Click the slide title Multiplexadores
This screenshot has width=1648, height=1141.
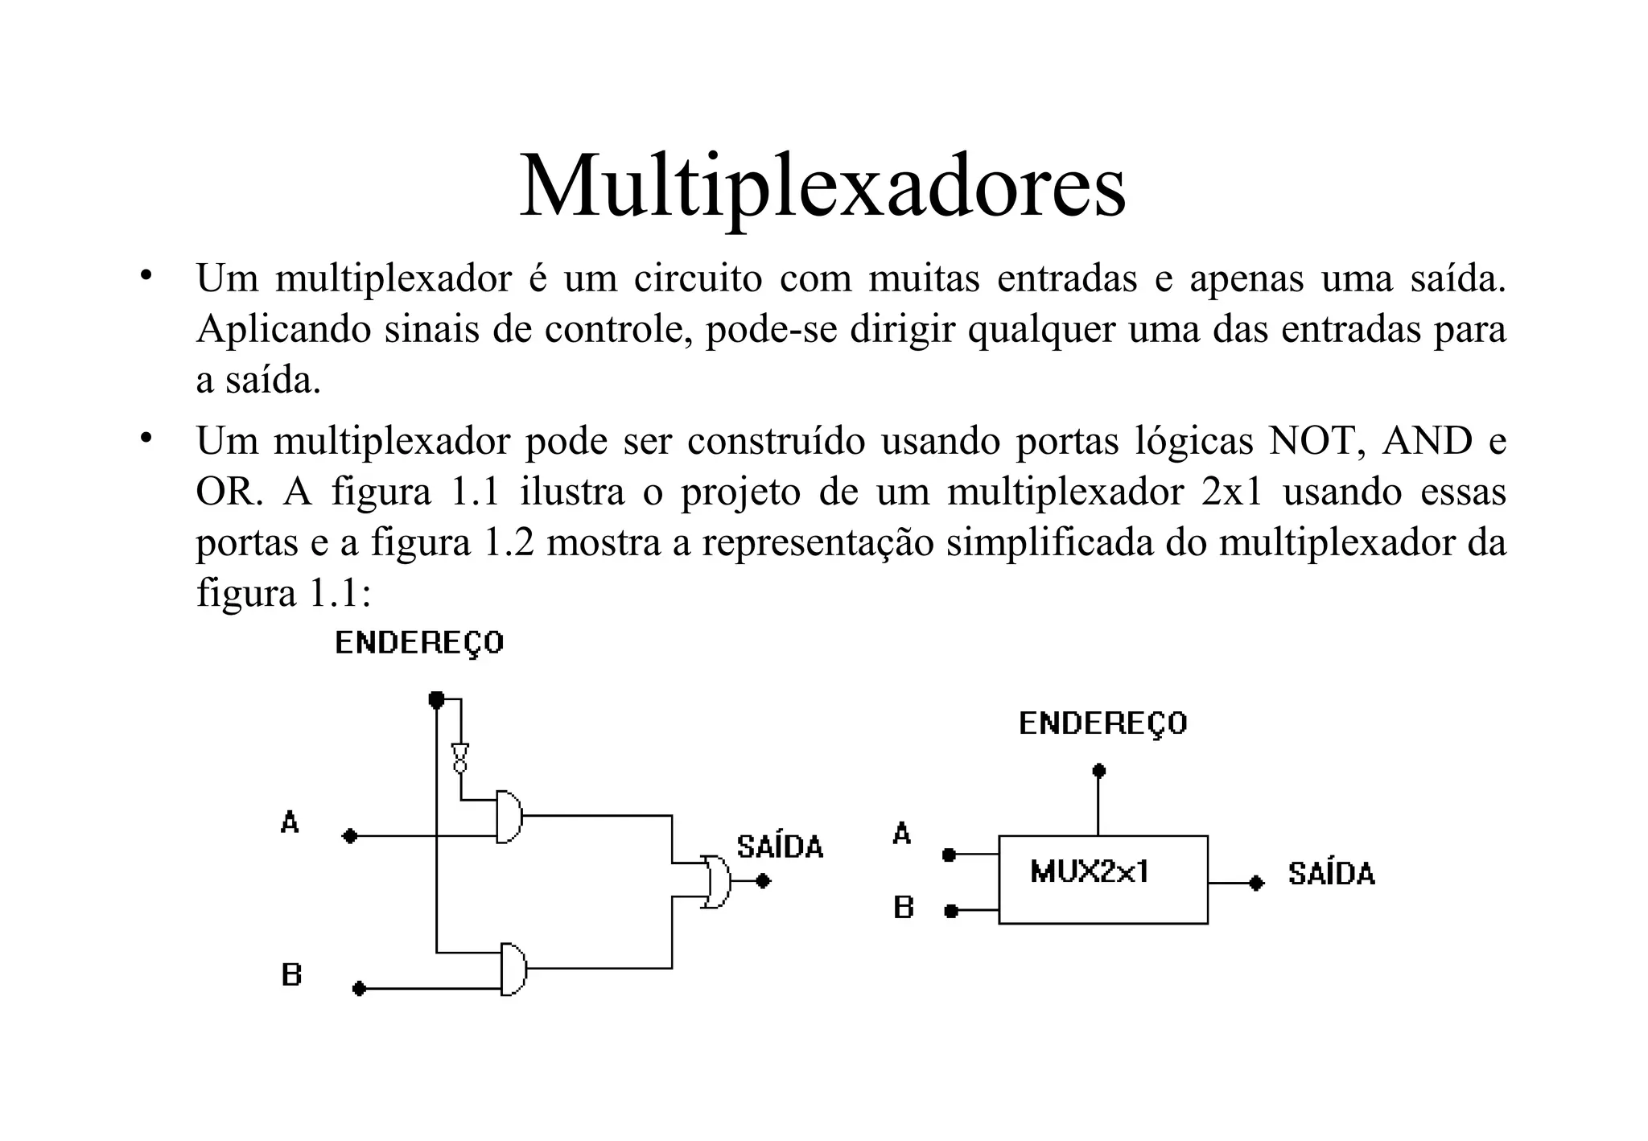pos(822,187)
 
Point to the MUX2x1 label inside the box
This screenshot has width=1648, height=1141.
pos(1090,872)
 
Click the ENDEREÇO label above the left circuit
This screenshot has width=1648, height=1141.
pos(419,644)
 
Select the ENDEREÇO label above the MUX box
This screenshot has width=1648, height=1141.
pos(1102,724)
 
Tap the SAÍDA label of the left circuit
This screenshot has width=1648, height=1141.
pos(780,847)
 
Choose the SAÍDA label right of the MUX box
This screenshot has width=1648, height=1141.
pos(1331,874)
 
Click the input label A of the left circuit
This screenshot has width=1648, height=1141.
pos(290,822)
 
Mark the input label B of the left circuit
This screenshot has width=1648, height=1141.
pos(291,975)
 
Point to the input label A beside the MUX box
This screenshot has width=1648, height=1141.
pos(902,834)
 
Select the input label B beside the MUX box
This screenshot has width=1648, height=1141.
pos(904,908)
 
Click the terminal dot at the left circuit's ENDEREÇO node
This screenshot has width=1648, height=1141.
pos(436,698)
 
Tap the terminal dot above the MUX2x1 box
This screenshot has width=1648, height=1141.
pos(1098,771)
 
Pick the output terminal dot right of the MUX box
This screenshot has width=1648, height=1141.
pos(1256,883)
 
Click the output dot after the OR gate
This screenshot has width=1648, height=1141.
pos(764,881)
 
